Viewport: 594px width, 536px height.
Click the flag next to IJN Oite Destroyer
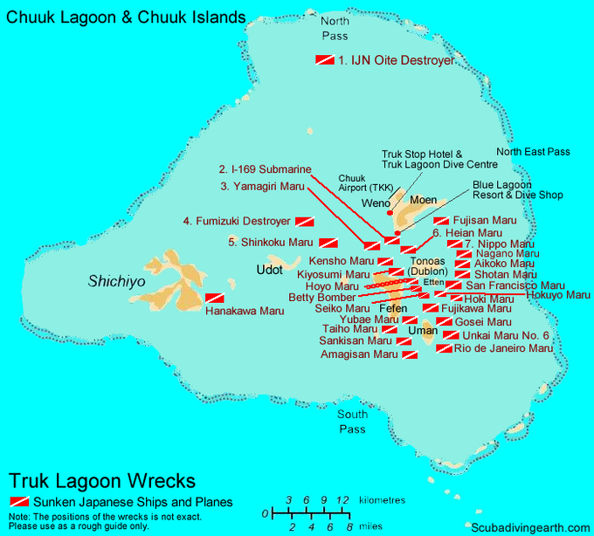click(x=324, y=60)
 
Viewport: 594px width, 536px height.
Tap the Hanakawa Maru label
click(x=245, y=311)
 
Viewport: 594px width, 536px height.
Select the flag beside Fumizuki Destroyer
click(x=305, y=222)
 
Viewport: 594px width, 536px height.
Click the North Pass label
click(x=334, y=29)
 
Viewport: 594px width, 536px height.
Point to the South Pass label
click(x=353, y=422)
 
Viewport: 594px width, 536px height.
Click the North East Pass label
click(x=533, y=152)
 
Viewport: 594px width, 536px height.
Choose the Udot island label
click(x=269, y=269)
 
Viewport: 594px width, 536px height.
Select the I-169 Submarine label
click(x=265, y=169)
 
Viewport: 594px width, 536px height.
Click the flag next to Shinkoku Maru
click(x=328, y=243)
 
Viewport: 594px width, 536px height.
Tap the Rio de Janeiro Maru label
click(x=504, y=348)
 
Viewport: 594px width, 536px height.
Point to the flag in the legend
click(x=18, y=502)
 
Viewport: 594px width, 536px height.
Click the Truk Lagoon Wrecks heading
click(x=102, y=481)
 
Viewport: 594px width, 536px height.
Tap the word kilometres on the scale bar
click(x=383, y=500)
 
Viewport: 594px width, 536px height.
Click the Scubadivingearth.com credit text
click(x=528, y=527)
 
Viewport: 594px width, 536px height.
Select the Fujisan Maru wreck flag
click(x=441, y=221)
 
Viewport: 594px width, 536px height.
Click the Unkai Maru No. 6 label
click(x=507, y=335)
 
